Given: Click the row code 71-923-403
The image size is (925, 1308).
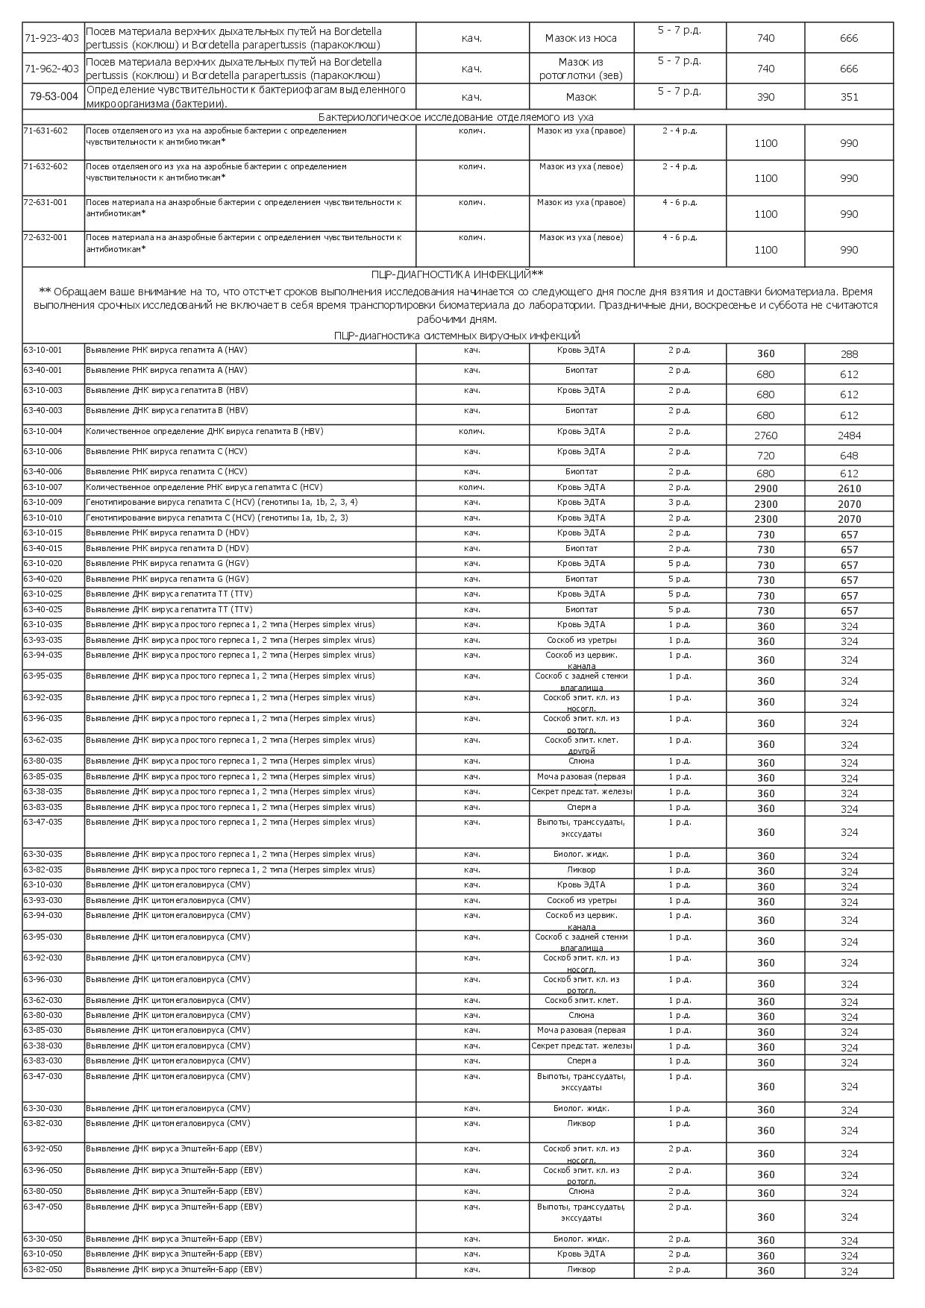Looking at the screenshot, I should (51, 37).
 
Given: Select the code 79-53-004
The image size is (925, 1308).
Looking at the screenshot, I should (54, 96).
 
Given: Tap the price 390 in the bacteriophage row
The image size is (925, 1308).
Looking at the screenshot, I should (765, 97).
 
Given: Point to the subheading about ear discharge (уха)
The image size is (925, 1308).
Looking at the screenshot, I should (456, 117).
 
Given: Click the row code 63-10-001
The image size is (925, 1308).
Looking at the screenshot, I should (43, 350).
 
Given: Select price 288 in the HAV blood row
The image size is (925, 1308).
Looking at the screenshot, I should (849, 354).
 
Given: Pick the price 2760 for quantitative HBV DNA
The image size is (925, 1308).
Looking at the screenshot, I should (765, 436).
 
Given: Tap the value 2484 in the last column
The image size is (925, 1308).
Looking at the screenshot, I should (849, 436).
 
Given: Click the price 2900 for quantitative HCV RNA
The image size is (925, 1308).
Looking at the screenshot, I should (765, 489).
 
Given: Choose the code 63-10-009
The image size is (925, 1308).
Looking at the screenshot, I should (43, 502).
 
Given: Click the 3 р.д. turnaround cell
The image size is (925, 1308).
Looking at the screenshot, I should (679, 502).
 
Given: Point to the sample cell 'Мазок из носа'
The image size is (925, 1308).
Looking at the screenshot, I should (581, 38).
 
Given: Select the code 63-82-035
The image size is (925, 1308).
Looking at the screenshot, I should (43, 870).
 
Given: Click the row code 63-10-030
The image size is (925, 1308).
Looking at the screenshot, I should (43, 884).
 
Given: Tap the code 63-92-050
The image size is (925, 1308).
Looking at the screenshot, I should (43, 1148).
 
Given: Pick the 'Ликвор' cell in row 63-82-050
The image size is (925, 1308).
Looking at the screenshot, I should (581, 1269).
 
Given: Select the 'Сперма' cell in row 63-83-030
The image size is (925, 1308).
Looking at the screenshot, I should (581, 1060).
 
